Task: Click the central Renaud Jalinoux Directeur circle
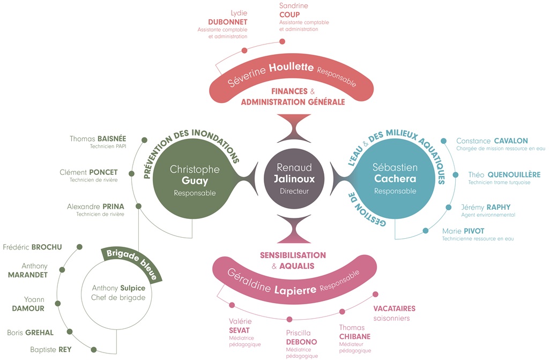point(294,179)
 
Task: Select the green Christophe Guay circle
point(193,179)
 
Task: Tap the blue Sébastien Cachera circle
point(395,179)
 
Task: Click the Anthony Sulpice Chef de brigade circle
point(116,294)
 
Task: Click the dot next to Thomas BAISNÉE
point(144,140)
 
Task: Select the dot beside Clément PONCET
point(132,173)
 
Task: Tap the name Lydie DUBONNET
point(227,18)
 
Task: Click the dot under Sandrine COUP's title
point(282,42)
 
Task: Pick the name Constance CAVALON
point(492,141)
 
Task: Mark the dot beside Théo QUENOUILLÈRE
point(456,174)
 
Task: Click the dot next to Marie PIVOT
point(425,231)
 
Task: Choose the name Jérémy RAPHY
point(486,207)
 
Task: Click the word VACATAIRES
point(394,308)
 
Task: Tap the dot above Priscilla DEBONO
point(290,319)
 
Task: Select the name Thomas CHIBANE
point(355,332)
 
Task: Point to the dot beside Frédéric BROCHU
point(79,247)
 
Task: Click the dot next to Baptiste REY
point(93,349)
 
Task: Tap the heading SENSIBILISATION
point(293,255)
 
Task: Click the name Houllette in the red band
point(291,67)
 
